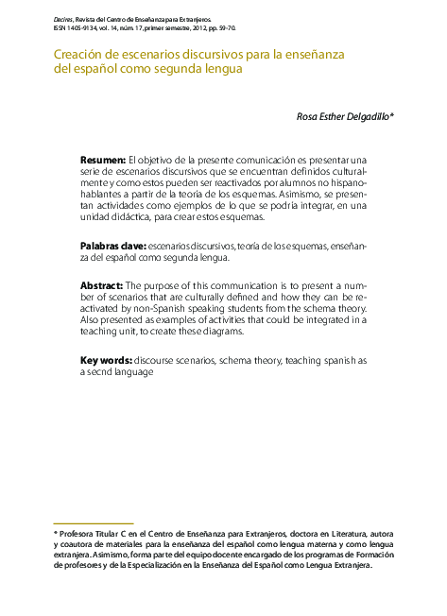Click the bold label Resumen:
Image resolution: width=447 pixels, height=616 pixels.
point(102,161)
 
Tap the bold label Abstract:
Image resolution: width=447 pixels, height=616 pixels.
point(101,284)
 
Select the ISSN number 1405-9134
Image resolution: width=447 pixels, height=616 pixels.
point(90,28)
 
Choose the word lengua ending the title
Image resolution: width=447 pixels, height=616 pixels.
point(218,70)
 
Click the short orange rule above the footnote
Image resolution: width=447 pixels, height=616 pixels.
point(93,522)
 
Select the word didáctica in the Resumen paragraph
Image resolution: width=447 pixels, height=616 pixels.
point(141,217)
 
